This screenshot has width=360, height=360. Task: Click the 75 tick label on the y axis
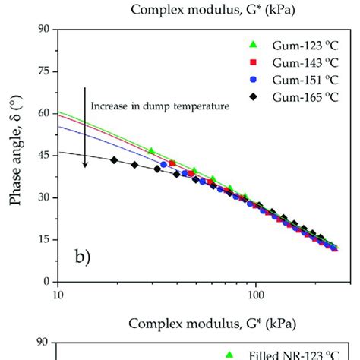(43, 71)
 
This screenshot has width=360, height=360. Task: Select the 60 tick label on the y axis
(43, 113)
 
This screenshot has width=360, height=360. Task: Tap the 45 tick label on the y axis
(43, 156)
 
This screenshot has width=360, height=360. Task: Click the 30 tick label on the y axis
(43, 197)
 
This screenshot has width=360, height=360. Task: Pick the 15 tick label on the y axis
(43, 240)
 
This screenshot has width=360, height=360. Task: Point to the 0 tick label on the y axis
(46, 282)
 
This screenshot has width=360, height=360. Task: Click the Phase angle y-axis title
(16, 156)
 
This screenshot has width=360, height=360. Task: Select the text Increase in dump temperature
(159, 106)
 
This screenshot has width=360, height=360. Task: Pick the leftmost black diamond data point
(114, 160)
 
